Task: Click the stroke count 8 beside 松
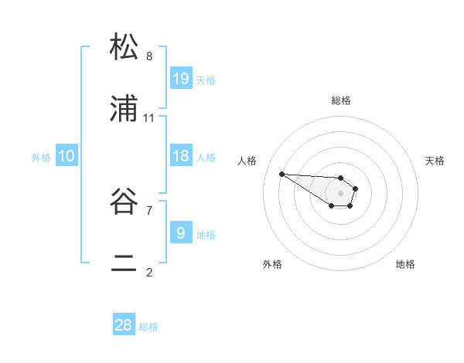click(x=149, y=56)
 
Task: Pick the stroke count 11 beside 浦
click(x=149, y=117)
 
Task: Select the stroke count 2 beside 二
click(x=149, y=272)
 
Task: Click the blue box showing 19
click(x=181, y=78)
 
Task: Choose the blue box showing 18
click(x=181, y=156)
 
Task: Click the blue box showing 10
click(x=67, y=156)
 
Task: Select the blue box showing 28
click(x=124, y=325)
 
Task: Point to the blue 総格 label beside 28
click(x=148, y=327)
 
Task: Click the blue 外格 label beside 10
click(x=41, y=158)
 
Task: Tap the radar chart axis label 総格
click(x=340, y=100)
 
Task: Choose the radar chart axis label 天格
click(x=435, y=161)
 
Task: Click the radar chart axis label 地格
click(x=405, y=264)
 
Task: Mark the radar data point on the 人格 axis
click(x=281, y=174)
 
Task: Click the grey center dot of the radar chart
click(x=340, y=192)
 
